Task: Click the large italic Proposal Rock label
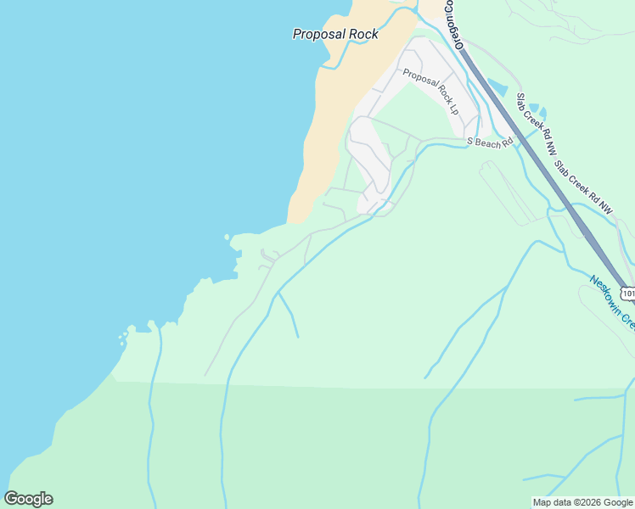pos(335,35)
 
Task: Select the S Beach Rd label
pos(491,142)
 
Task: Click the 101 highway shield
pos(627,294)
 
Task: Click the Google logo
pos(29,499)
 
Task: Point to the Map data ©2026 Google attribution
pos(583,502)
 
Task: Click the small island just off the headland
pos(227,237)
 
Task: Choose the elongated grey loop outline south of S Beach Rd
pos(509,192)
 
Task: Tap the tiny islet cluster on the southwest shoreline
pos(123,338)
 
